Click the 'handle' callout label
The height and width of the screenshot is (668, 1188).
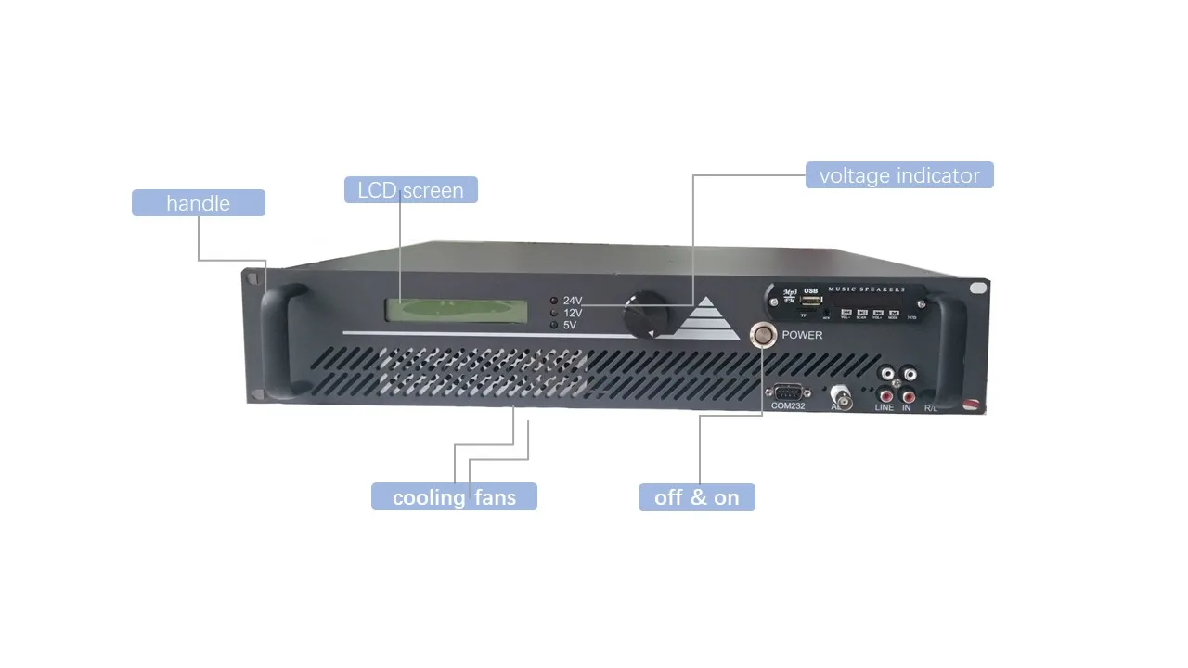[x=198, y=203]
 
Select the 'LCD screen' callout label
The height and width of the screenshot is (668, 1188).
[x=410, y=190]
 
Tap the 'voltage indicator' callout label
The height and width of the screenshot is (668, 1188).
[x=898, y=175]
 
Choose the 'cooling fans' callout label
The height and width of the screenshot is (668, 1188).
[x=454, y=496]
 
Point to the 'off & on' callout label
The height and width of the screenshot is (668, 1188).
[x=696, y=497]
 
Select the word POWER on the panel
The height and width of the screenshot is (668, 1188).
[x=802, y=335]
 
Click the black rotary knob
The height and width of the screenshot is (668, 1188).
[x=643, y=315]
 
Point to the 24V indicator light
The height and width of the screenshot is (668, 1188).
[x=553, y=301]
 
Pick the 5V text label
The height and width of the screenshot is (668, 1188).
[x=570, y=326]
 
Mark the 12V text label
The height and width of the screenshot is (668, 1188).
[x=572, y=313]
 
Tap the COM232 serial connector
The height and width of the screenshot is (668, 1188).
[x=786, y=391]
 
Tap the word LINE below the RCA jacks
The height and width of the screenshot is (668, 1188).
[x=884, y=407]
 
